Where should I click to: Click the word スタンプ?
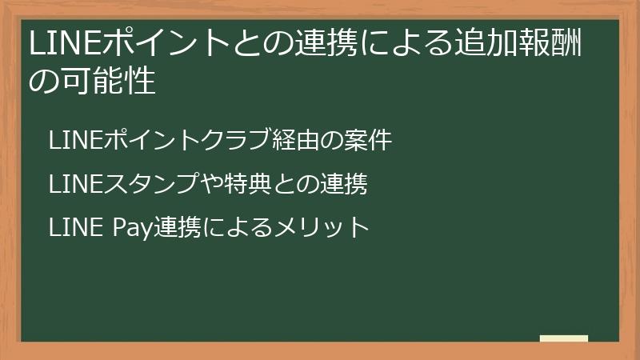(138, 184)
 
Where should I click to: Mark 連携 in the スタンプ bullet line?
(344, 184)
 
